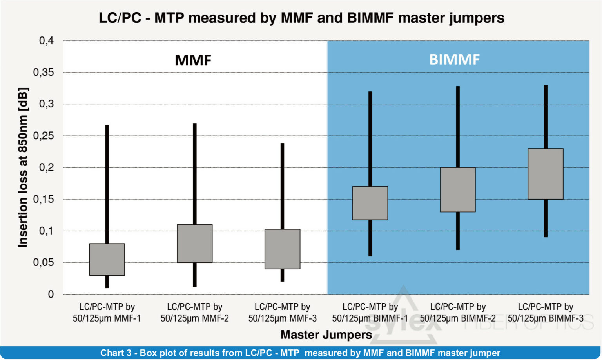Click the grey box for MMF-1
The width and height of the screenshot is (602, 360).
click(107, 259)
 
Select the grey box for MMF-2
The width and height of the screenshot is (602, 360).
click(194, 244)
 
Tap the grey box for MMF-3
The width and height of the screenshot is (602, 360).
click(282, 249)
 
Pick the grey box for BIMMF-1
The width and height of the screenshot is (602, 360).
click(370, 203)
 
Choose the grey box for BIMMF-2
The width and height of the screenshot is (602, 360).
click(457, 190)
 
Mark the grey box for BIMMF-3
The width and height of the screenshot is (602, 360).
click(545, 174)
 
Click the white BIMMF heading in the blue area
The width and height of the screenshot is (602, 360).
click(454, 60)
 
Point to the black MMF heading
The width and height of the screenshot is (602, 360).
click(193, 60)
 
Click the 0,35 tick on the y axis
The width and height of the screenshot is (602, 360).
click(44, 73)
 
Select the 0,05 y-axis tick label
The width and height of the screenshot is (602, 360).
click(44, 262)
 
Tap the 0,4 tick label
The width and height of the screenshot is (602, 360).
click(46, 41)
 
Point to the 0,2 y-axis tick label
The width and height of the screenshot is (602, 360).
click(46, 167)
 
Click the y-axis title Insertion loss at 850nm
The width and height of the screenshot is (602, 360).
click(23, 167)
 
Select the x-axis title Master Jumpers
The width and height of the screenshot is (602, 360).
click(326, 335)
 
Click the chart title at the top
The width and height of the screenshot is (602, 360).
click(301, 18)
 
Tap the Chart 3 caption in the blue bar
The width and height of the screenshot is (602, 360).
click(300, 353)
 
